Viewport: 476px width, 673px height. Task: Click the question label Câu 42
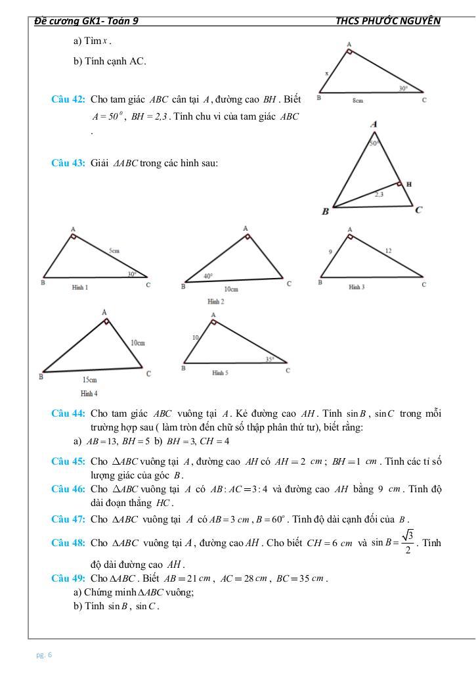click(68, 100)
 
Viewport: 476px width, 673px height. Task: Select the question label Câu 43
click(68, 163)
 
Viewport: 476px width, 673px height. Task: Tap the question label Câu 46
click(68, 489)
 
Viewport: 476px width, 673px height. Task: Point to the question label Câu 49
click(68, 578)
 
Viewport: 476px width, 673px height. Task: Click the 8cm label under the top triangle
click(358, 101)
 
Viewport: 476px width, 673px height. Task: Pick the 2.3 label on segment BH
click(379, 194)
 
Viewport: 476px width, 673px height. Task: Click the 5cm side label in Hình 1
click(115, 251)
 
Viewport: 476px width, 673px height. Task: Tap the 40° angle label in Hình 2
click(207, 277)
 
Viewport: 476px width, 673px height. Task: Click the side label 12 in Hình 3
click(389, 250)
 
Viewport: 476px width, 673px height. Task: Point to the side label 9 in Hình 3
click(331, 251)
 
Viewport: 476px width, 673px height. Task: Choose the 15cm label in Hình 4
click(89, 380)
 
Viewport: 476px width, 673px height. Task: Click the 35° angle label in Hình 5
click(269, 359)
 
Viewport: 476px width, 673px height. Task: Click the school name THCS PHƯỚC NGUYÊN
click(387, 20)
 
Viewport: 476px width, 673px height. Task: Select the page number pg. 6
click(45, 655)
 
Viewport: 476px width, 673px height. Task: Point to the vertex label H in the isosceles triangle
click(409, 185)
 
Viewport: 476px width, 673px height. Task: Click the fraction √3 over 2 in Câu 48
click(408, 542)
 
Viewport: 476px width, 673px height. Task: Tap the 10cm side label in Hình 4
click(137, 343)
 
